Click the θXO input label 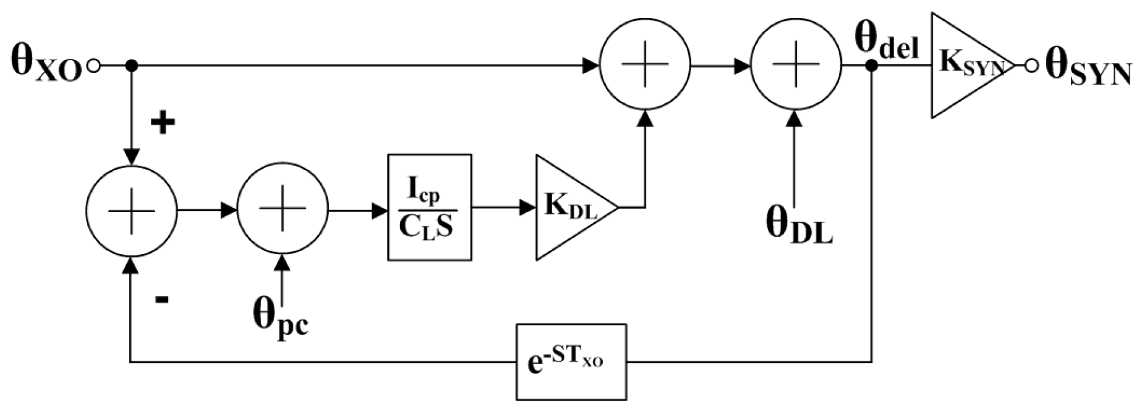point(46,64)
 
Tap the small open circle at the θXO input point(93,65)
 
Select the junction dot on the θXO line point(130,65)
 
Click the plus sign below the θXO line point(163,124)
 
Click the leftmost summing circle point(131,211)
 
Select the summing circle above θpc point(283,211)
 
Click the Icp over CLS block point(430,207)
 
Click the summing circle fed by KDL point(644,65)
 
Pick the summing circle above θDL point(795,65)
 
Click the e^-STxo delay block point(571,362)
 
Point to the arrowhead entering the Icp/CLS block point(380,211)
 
